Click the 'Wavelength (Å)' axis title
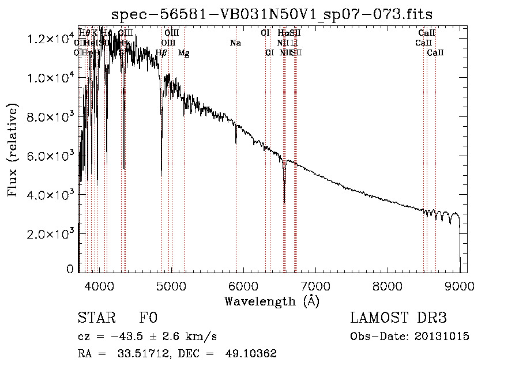click(x=272, y=301)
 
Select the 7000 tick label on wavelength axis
click(x=315, y=285)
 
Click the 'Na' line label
click(x=235, y=43)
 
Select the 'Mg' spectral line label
click(x=183, y=53)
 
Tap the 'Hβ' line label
click(x=161, y=53)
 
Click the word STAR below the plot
click(x=96, y=319)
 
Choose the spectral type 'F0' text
click(x=148, y=319)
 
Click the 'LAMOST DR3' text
click(x=398, y=319)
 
